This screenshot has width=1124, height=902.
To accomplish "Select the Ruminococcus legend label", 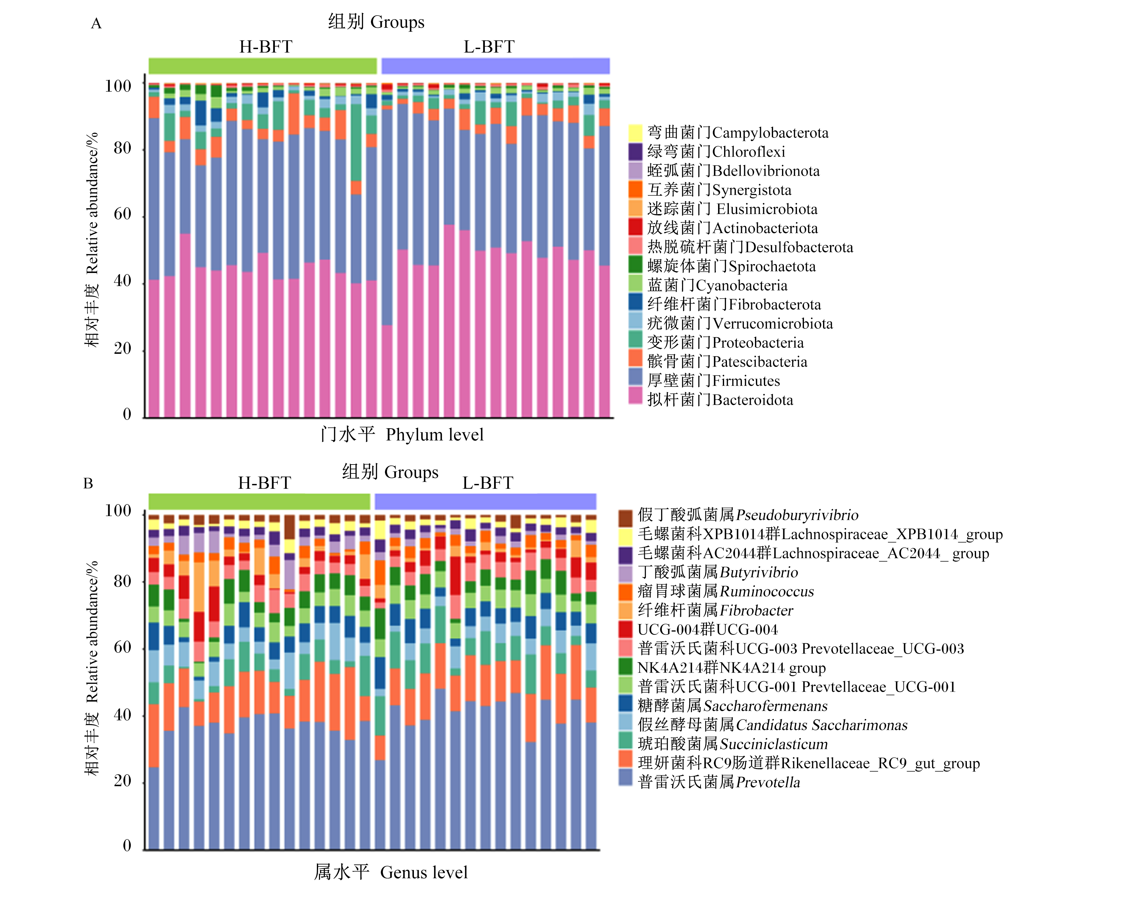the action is click(725, 591).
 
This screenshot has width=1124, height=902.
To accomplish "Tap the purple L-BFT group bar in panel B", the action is click(485, 501).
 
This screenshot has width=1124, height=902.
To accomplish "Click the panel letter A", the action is click(96, 24).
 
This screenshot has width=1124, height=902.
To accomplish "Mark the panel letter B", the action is click(88, 484).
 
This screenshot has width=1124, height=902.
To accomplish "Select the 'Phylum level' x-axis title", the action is click(435, 435).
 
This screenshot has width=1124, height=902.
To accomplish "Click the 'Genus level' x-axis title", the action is click(424, 872).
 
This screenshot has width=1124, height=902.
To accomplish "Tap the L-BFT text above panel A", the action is click(489, 47).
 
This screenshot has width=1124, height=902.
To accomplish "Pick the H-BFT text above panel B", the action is click(265, 483).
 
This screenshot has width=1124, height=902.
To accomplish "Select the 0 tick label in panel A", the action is click(127, 415).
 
